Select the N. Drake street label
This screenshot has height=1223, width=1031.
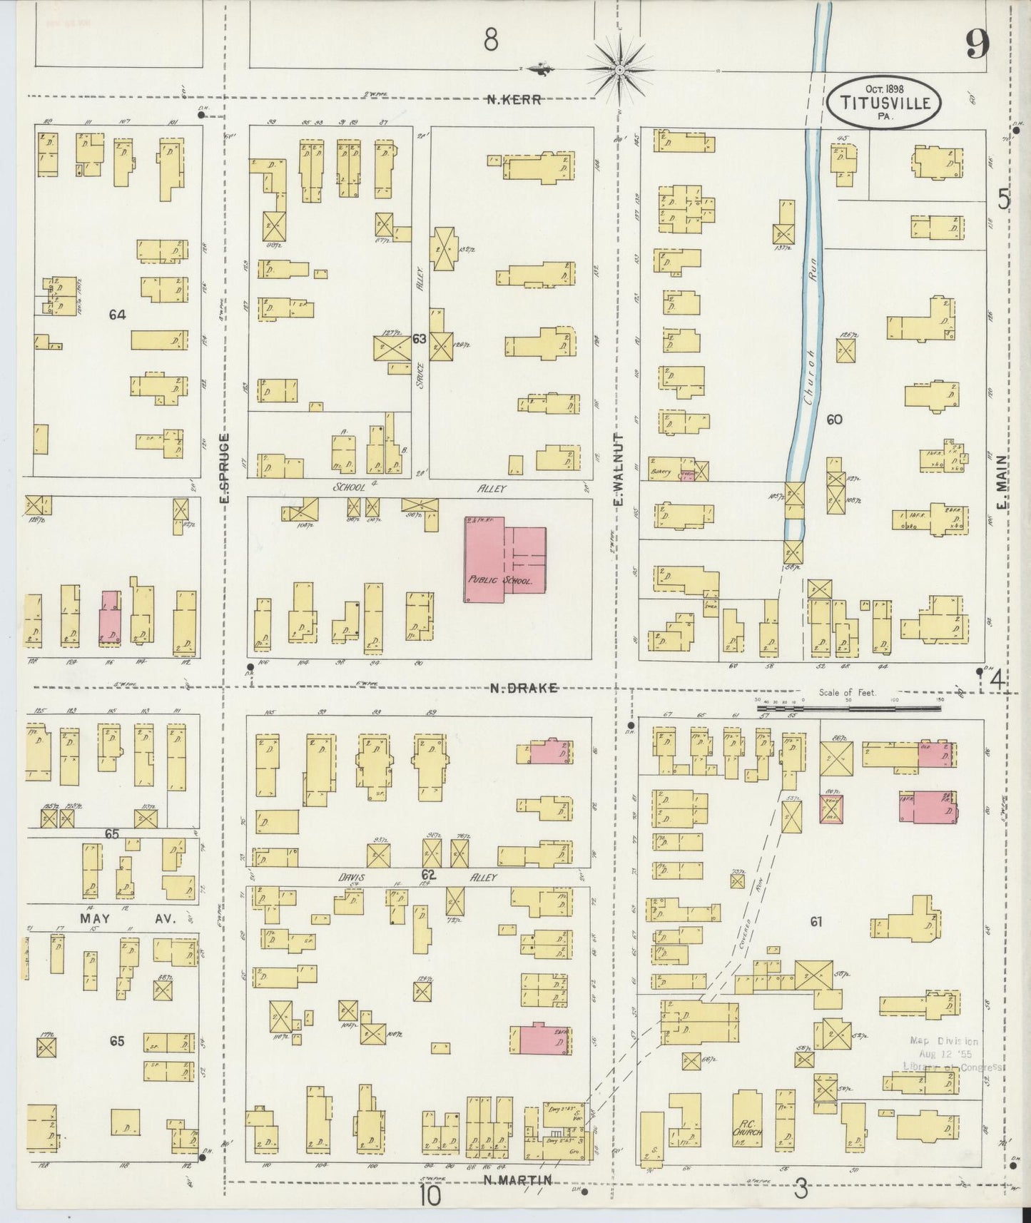tap(524, 688)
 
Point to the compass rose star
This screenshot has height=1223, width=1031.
tap(619, 70)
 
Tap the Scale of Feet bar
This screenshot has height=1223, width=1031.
tap(848, 709)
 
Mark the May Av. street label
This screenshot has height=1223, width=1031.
tap(125, 919)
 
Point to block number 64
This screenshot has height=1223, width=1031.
tap(118, 314)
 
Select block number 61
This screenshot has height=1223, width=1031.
tap(816, 922)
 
